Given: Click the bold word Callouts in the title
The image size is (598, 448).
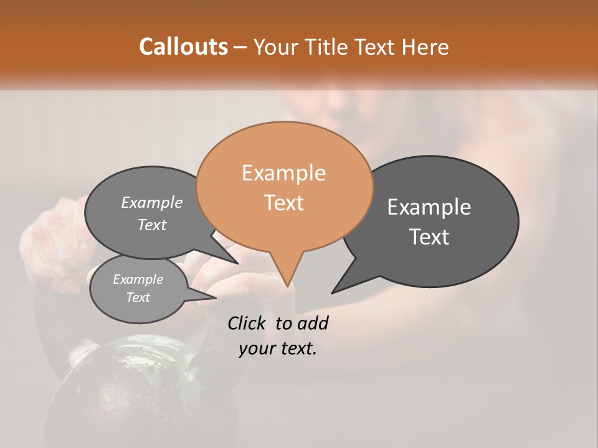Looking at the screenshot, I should coord(183,47).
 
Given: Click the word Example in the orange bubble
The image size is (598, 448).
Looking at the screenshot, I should coord(283,173).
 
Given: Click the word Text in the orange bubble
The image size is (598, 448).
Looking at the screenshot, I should coord(283,203).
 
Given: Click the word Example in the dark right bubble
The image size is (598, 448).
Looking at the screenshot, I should coord(429,207).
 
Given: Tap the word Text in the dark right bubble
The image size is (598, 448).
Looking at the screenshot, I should coord(429,237).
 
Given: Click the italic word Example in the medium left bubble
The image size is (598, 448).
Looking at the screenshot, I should coord(152,203).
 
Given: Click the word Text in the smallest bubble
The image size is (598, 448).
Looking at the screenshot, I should coord(138,297).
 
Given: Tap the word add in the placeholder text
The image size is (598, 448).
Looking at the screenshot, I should coord(312,323).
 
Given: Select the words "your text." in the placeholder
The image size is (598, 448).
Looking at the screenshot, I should coord(278,348).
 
